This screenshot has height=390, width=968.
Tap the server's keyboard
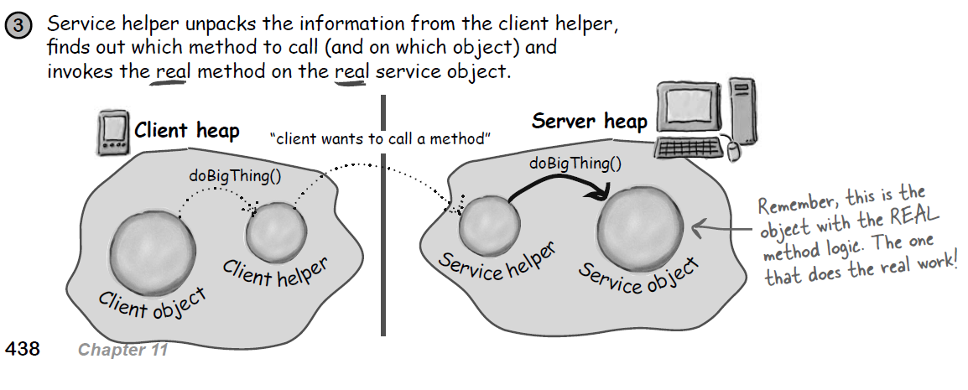pyautogui.click(x=688, y=148)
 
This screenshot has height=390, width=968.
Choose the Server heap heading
pyautogui.click(x=590, y=122)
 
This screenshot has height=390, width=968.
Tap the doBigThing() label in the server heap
pyautogui.click(x=575, y=163)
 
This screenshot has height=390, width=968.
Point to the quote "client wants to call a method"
pyautogui.click(x=379, y=139)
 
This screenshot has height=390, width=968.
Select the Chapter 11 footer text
pyautogui.click(x=122, y=350)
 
